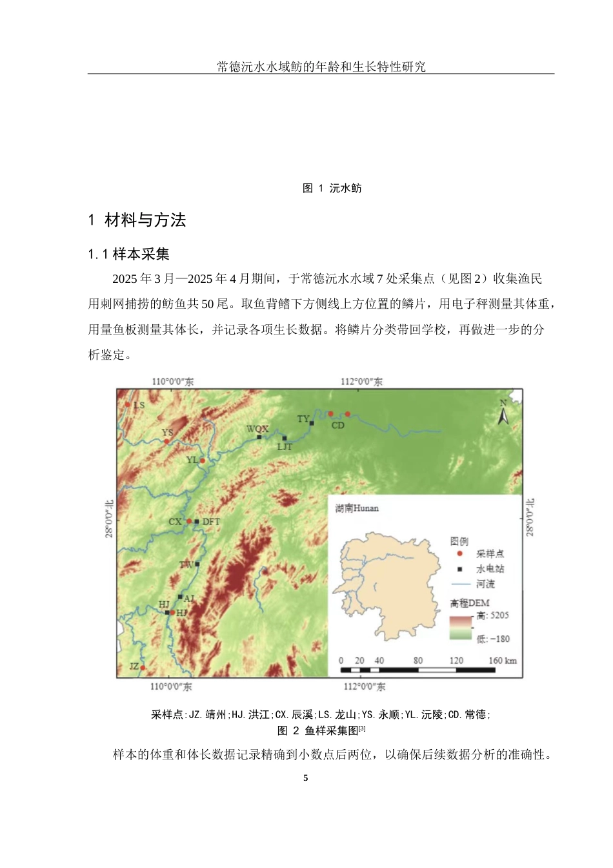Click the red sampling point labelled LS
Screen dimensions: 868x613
pos(128,405)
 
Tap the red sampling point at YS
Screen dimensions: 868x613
pos(166,441)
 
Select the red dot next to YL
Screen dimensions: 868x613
pos(202,460)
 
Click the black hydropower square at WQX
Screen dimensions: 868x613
pos(259,437)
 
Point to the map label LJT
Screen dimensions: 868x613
pos(285,447)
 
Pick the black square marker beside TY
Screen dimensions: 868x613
pos(312,424)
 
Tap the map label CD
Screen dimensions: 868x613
pos(338,426)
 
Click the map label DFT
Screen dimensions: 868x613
pos(211,522)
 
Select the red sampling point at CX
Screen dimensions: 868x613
pos(189,521)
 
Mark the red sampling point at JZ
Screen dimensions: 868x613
pos(143,668)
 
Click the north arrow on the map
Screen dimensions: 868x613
pos(503,413)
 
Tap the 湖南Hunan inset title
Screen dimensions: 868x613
pos(357,508)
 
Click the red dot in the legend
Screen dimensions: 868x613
pos(459,553)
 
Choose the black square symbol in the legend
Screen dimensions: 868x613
pos(459,569)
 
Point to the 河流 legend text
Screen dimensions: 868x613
pos(485,584)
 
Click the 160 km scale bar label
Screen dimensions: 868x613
pos(503,660)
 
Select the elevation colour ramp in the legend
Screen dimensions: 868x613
pos(461,627)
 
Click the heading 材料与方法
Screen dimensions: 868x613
pos(145,220)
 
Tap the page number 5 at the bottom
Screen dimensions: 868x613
pos(306,778)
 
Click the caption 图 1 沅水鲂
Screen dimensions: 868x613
pos(332,188)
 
